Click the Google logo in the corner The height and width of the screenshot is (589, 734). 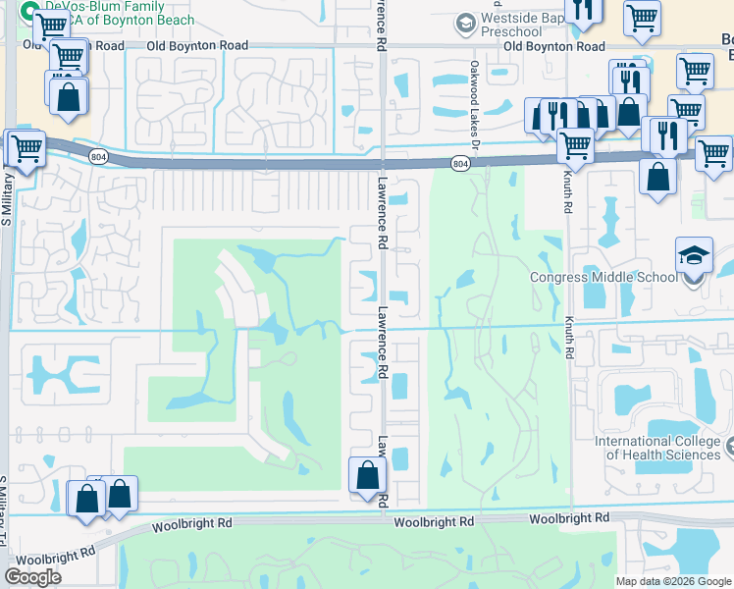pos(32,577)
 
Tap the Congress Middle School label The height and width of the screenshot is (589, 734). pos(603,277)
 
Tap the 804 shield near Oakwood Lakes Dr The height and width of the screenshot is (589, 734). pos(459,163)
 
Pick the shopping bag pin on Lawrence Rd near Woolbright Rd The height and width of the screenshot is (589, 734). pos(367,475)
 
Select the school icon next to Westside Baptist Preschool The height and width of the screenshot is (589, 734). pos(465,22)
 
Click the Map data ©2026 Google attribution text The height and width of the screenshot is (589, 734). pos(672,581)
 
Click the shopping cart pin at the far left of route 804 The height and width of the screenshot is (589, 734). pos(26,150)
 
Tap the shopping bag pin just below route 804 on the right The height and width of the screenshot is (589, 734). pos(657,178)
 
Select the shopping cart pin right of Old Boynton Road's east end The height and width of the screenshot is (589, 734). pos(695,71)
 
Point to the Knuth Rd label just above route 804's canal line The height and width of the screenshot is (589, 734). pos(567,197)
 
